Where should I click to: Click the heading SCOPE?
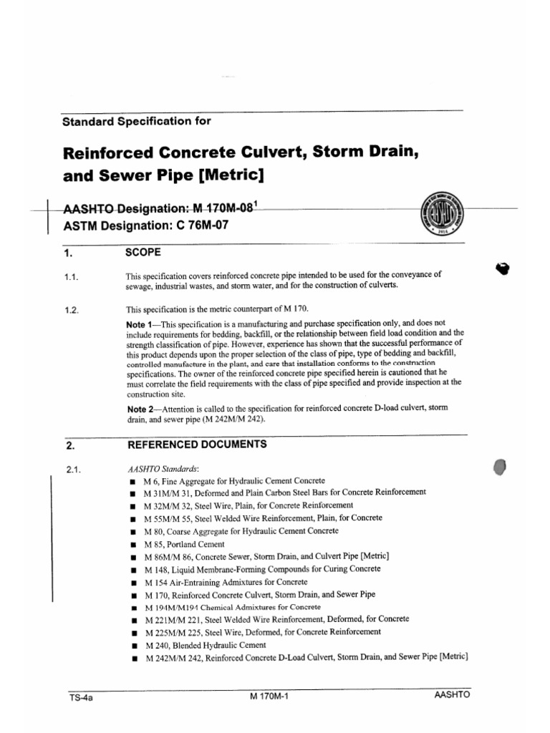point(144,253)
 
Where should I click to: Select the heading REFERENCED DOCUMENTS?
point(197,444)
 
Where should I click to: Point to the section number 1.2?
point(72,310)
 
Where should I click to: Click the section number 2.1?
point(72,470)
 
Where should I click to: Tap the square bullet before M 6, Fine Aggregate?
point(133,482)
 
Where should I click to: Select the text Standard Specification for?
point(137,121)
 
